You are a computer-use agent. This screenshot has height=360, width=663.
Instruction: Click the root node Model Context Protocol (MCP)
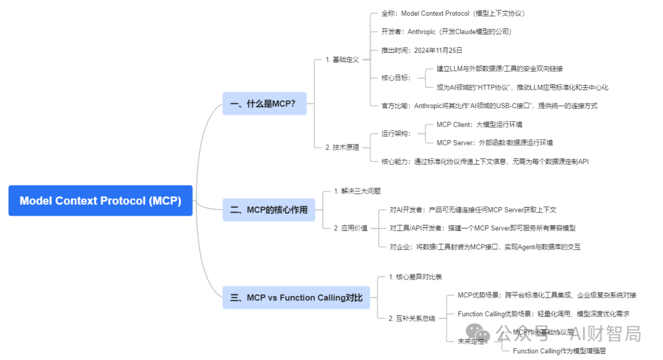[100, 201]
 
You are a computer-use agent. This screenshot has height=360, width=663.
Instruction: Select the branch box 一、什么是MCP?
[263, 104]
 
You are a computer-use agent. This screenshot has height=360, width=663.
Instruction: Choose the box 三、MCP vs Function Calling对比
[296, 297]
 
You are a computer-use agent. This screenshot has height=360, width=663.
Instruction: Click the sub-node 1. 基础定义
[342, 60]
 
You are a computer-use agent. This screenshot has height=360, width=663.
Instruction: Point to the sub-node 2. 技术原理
[342, 147]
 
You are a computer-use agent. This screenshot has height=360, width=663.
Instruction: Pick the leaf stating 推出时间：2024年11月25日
[422, 50]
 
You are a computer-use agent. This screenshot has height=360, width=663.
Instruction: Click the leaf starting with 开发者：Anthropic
[446, 31]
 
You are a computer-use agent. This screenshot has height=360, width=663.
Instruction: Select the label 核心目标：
[396, 77]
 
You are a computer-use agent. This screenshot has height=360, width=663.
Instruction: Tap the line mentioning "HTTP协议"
[522, 87]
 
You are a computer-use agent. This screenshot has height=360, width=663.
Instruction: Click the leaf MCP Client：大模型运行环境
[479, 124]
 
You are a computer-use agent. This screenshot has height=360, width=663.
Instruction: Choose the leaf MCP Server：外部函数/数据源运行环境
[494, 143]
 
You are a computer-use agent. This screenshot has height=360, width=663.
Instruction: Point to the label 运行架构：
[396, 133]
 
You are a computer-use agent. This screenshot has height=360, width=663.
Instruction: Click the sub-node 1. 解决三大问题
[357, 191]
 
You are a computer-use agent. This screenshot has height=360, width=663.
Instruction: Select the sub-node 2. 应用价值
[351, 228]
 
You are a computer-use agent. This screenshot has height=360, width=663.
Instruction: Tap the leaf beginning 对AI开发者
[473, 209]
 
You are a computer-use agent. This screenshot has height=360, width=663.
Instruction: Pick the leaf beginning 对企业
[485, 247]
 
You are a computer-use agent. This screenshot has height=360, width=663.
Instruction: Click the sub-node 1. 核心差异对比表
[415, 277]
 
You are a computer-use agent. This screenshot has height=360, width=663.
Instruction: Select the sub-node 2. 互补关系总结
[412, 318]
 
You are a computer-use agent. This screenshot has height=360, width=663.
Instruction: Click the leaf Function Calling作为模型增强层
[559, 351]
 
